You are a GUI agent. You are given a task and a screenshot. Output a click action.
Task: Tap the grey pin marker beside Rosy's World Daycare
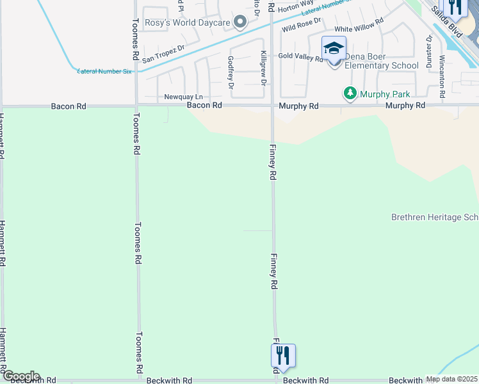click(240, 23)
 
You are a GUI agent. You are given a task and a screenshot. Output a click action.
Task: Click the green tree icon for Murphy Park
click(350, 93)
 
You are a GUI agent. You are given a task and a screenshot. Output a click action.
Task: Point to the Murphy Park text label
click(384, 94)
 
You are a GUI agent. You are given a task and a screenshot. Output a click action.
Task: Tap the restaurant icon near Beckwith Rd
click(283, 355)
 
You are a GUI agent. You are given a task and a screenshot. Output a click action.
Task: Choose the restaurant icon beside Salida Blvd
click(455, 6)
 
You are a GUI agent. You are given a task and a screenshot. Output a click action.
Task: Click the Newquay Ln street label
click(183, 97)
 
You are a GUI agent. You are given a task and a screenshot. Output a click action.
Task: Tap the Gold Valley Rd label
click(300, 56)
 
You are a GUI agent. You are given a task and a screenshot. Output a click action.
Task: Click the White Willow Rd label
click(359, 29)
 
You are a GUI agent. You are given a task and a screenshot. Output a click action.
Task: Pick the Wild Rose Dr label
click(301, 26)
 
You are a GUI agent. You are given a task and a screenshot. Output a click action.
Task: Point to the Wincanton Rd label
click(442, 76)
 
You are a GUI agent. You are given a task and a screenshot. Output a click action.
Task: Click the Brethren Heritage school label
click(435, 218)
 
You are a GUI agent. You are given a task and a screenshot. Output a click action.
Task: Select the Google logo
click(20, 376)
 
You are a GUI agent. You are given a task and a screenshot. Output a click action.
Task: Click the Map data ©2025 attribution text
click(451, 379)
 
